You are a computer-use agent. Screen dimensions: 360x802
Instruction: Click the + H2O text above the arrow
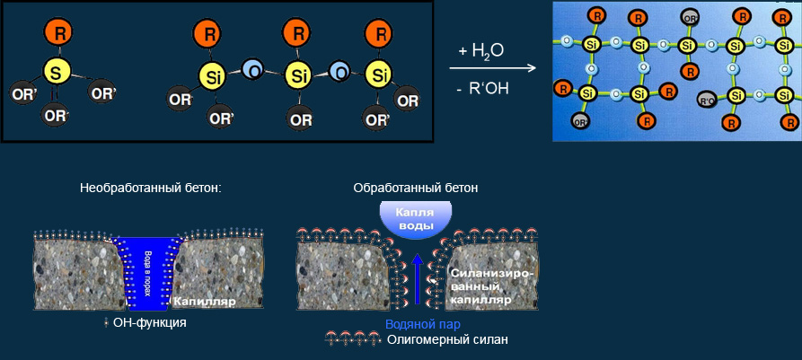click(x=480, y=51)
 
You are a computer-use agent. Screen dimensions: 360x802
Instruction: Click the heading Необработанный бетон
click(x=150, y=188)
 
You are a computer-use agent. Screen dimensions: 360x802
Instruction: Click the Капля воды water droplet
click(x=415, y=220)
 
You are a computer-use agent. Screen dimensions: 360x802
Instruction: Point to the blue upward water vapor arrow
click(x=416, y=282)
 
